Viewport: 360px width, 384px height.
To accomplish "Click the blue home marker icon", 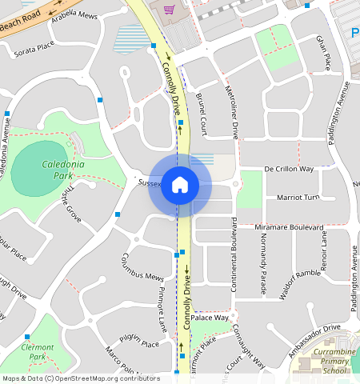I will [x=180, y=186].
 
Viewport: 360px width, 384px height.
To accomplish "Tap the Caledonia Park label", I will [x=62, y=170].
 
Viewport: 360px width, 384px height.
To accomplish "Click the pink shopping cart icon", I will [x=169, y=10].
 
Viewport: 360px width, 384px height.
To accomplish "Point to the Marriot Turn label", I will [x=298, y=197].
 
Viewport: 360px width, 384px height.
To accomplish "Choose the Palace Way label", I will [x=210, y=318].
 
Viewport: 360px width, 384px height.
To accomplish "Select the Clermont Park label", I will [x=38, y=352].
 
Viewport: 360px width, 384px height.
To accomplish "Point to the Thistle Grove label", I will [x=71, y=203].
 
